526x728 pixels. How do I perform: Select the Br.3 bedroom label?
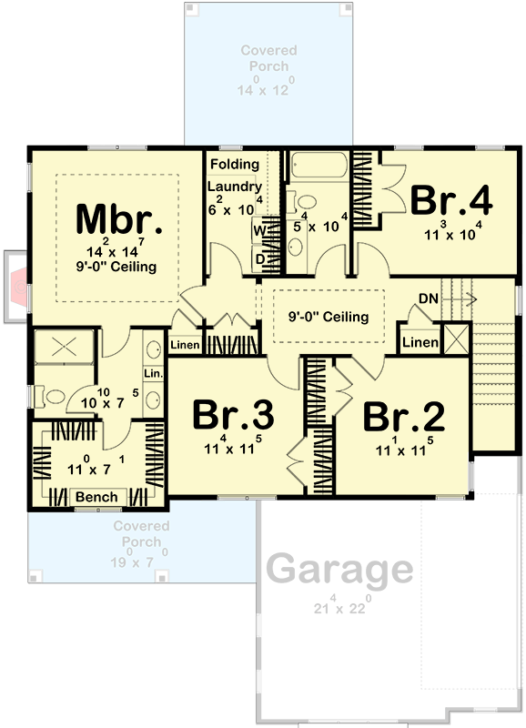coord(234,416)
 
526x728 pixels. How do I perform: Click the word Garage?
coord(339,571)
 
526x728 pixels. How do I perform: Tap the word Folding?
coord(235,165)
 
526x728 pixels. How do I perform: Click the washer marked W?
coord(258,230)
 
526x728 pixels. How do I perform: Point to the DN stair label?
coord(430,298)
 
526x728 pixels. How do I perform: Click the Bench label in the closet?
coord(97,497)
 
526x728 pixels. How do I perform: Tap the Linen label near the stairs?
coord(420,342)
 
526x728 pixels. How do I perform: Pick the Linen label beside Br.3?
coord(185,345)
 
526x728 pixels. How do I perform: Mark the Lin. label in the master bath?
coord(152,374)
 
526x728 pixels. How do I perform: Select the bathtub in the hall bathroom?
coord(319,168)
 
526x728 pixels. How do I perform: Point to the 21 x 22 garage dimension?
coord(339,607)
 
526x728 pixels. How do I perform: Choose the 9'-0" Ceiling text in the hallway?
coord(329,318)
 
